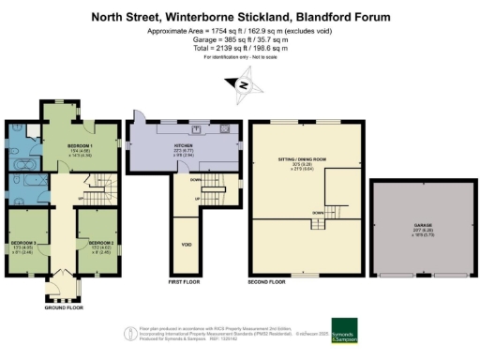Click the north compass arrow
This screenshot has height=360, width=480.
pyautogui.click(x=241, y=86)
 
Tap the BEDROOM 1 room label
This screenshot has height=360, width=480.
pyautogui.click(x=79, y=147)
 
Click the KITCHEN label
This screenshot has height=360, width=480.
pyautogui.click(x=183, y=146)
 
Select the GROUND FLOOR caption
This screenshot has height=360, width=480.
pyautogui.click(x=64, y=307)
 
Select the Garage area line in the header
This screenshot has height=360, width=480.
pyautogui.click(x=240, y=40)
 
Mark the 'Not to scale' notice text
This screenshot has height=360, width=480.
pyautogui.click(x=263, y=59)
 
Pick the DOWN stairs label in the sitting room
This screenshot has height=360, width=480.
pyautogui.click(x=318, y=213)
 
